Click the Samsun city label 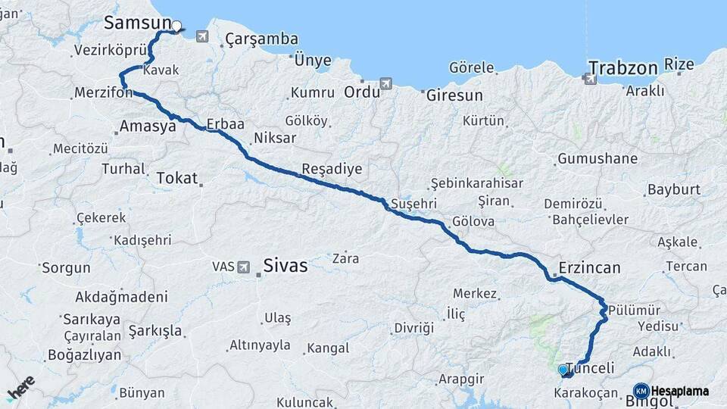pyautogui.click(x=136, y=23)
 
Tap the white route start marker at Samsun pyautogui.click(x=176, y=27)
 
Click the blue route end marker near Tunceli pyautogui.click(x=562, y=370)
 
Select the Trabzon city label pyautogui.click(x=623, y=67)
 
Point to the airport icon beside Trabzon pyautogui.click(x=590, y=77)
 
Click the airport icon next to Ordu pyautogui.click(x=386, y=83)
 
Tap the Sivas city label pyautogui.click(x=285, y=265)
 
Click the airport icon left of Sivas pyautogui.click(x=244, y=267)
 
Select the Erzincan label pyautogui.click(x=589, y=267)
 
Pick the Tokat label pyautogui.click(x=176, y=178)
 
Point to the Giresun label pyautogui.click(x=454, y=96)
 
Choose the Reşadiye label pyautogui.click(x=332, y=168)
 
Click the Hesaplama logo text pyautogui.click(x=679, y=391)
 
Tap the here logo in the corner pyautogui.click(x=20, y=388)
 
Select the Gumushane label pyautogui.click(x=598, y=159)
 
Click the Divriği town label pyautogui.click(x=413, y=328)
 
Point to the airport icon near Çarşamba pyautogui.click(x=201, y=36)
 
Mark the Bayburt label pyautogui.click(x=674, y=189)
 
